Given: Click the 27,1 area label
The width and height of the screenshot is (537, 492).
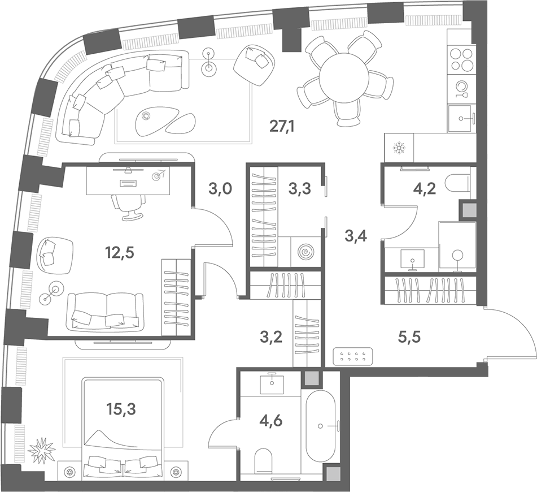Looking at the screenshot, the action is (282, 127).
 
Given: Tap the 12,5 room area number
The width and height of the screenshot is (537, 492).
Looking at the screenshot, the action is (119, 253).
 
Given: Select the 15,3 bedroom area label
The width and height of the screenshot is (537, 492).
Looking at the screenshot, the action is (121, 409).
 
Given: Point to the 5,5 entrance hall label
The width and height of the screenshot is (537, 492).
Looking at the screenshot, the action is (409, 338).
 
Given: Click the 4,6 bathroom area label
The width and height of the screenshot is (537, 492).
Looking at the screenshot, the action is (271, 420).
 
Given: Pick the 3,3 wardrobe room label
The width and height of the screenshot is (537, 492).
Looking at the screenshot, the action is (299, 188).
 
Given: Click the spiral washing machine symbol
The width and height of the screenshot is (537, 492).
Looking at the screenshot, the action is (306, 252).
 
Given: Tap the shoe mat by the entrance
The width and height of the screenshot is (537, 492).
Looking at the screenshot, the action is (353, 356).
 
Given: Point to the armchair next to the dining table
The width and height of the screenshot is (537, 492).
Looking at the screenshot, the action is (254, 65).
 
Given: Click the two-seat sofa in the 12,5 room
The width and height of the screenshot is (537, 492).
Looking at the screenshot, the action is (105, 312).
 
